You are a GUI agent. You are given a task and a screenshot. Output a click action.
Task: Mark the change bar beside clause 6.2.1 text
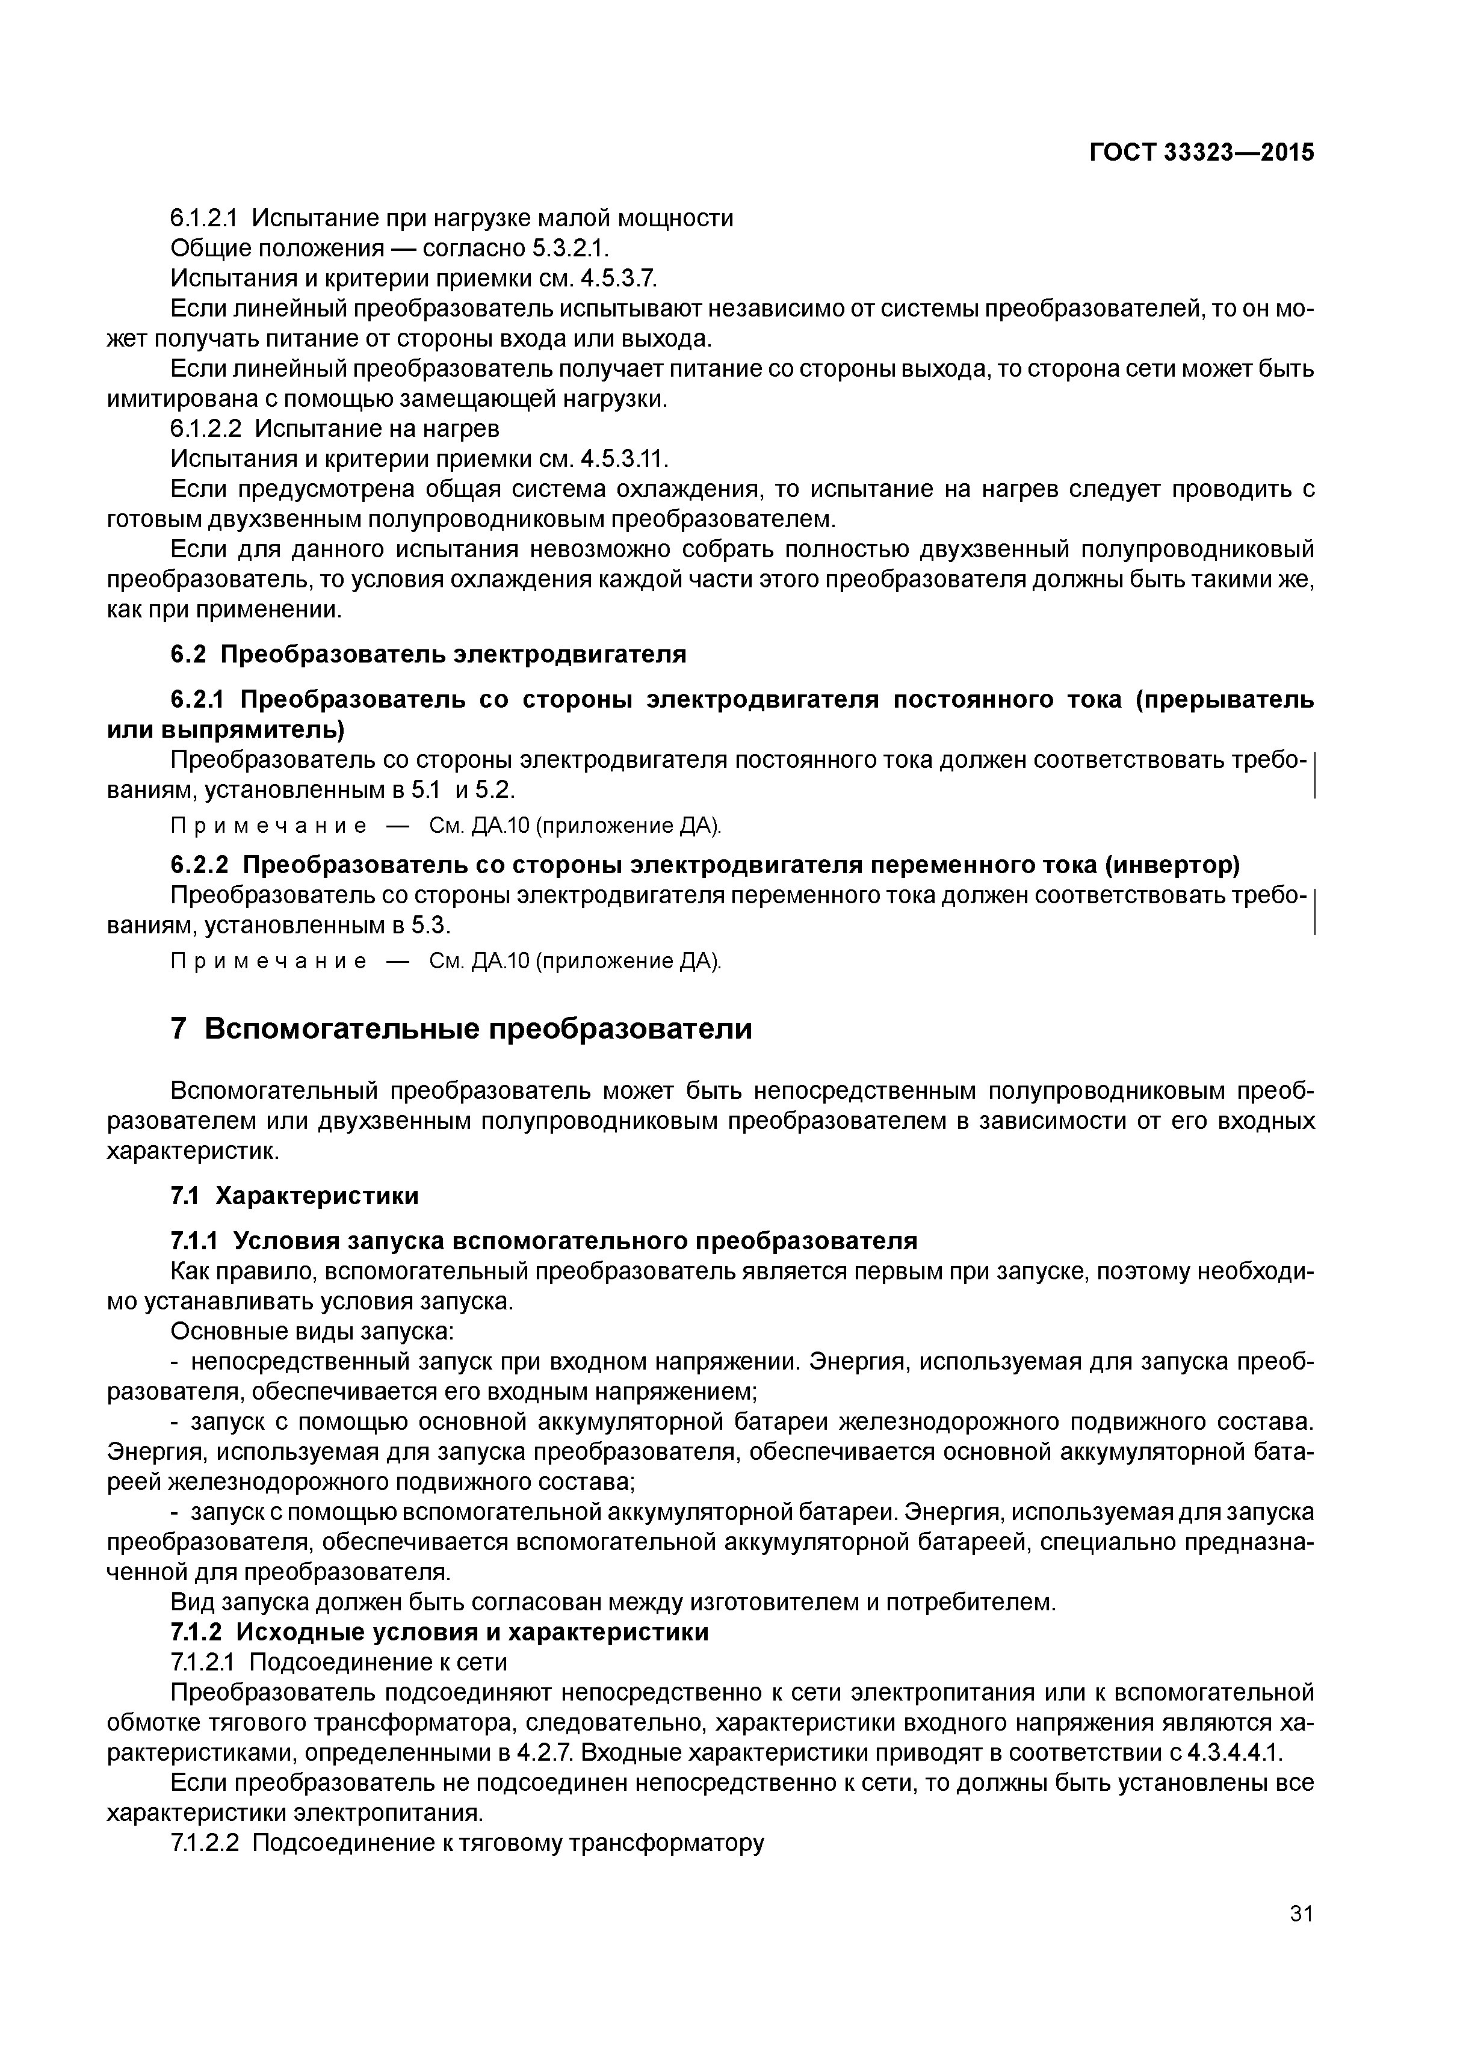point(1314,776)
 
